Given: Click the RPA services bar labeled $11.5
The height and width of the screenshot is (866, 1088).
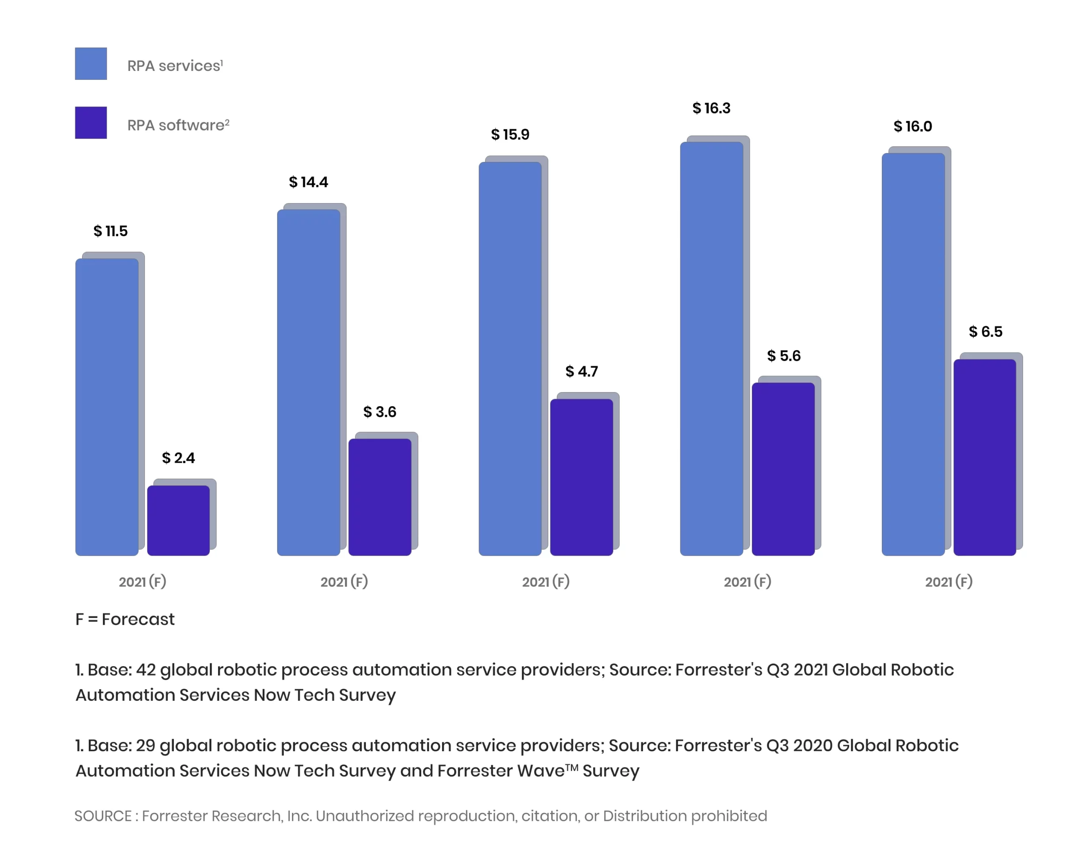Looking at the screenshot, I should [107, 406].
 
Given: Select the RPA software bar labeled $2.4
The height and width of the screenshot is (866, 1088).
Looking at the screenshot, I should [178, 520].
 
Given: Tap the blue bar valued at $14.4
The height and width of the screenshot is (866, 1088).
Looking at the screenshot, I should [308, 382].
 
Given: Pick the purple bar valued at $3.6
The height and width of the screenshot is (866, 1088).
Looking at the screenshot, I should [380, 497].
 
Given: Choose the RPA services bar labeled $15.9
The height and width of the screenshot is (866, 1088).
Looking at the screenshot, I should [510, 358].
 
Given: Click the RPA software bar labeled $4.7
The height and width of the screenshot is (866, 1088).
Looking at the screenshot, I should [581, 477].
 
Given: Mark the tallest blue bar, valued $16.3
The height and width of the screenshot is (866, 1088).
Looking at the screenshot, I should [711, 348].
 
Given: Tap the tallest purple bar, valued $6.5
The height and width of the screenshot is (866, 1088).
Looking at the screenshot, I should [985, 457].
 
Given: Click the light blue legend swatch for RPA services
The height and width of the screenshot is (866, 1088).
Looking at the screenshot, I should [91, 64].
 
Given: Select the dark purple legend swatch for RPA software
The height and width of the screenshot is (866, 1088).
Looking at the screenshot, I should [91, 123].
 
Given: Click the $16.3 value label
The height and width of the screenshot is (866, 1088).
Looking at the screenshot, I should [711, 108].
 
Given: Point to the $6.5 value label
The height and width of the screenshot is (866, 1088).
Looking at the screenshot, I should [985, 331].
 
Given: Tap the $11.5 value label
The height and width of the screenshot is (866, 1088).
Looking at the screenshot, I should [110, 231].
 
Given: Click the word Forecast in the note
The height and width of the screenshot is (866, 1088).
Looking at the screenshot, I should [138, 619].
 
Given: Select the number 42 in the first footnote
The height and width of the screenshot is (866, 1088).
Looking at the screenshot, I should [146, 670].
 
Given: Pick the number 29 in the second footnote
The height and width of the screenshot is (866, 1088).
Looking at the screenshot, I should [145, 745].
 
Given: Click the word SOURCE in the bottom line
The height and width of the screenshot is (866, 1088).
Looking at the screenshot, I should [103, 815].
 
